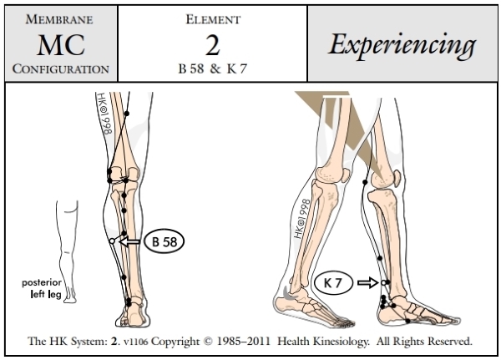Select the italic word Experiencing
(x=402, y=43)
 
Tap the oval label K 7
(x=332, y=283)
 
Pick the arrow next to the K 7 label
(x=367, y=283)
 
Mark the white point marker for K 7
(x=383, y=283)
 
